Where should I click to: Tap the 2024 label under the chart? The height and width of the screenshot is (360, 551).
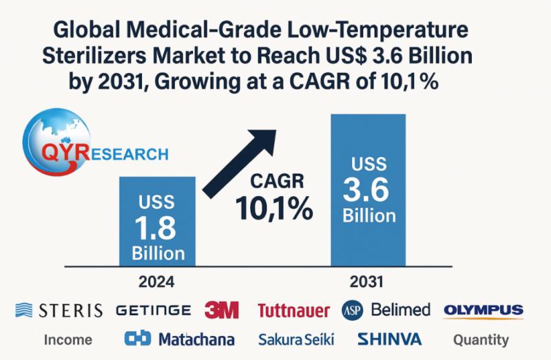click(157, 282)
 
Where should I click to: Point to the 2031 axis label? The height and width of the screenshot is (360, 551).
click(367, 282)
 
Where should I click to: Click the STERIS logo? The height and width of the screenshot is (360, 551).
click(59, 310)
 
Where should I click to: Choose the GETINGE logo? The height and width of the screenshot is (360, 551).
click(154, 310)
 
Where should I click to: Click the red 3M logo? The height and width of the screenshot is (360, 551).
click(222, 310)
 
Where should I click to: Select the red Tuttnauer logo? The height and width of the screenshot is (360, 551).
click(293, 311)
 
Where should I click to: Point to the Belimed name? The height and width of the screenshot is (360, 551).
click(400, 310)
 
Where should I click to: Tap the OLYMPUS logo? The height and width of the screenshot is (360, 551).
click(484, 310)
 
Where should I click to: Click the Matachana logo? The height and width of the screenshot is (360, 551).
click(180, 339)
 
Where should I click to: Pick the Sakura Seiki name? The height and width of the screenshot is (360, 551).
click(296, 339)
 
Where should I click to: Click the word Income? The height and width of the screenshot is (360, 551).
click(68, 339)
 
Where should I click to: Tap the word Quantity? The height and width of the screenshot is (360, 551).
click(481, 339)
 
